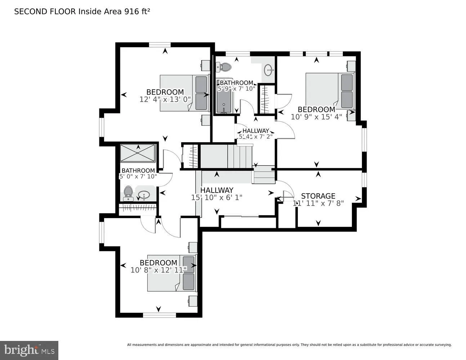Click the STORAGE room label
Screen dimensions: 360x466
[x=318, y=196]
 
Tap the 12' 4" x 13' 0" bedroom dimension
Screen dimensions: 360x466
[x=165, y=99]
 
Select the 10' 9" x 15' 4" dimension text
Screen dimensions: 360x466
[x=316, y=117]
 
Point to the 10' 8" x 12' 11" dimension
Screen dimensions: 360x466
[x=158, y=270]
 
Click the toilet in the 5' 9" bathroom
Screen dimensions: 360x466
[x=224, y=67]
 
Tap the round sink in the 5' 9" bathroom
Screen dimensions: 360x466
[x=268, y=70]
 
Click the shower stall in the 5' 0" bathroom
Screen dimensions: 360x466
[x=138, y=153]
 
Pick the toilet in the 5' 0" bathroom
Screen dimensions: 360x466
[x=128, y=193]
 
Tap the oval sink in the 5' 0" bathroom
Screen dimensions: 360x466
[x=144, y=195]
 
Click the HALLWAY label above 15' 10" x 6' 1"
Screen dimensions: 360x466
[x=216, y=190]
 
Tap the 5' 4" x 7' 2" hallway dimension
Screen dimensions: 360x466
[x=256, y=136]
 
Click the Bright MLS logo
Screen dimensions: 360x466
[x=29, y=350]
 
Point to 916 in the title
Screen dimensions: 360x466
[x=131, y=12]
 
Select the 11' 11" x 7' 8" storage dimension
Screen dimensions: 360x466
[x=318, y=203]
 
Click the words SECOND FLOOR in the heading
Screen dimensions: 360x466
[x=45, y=12]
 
